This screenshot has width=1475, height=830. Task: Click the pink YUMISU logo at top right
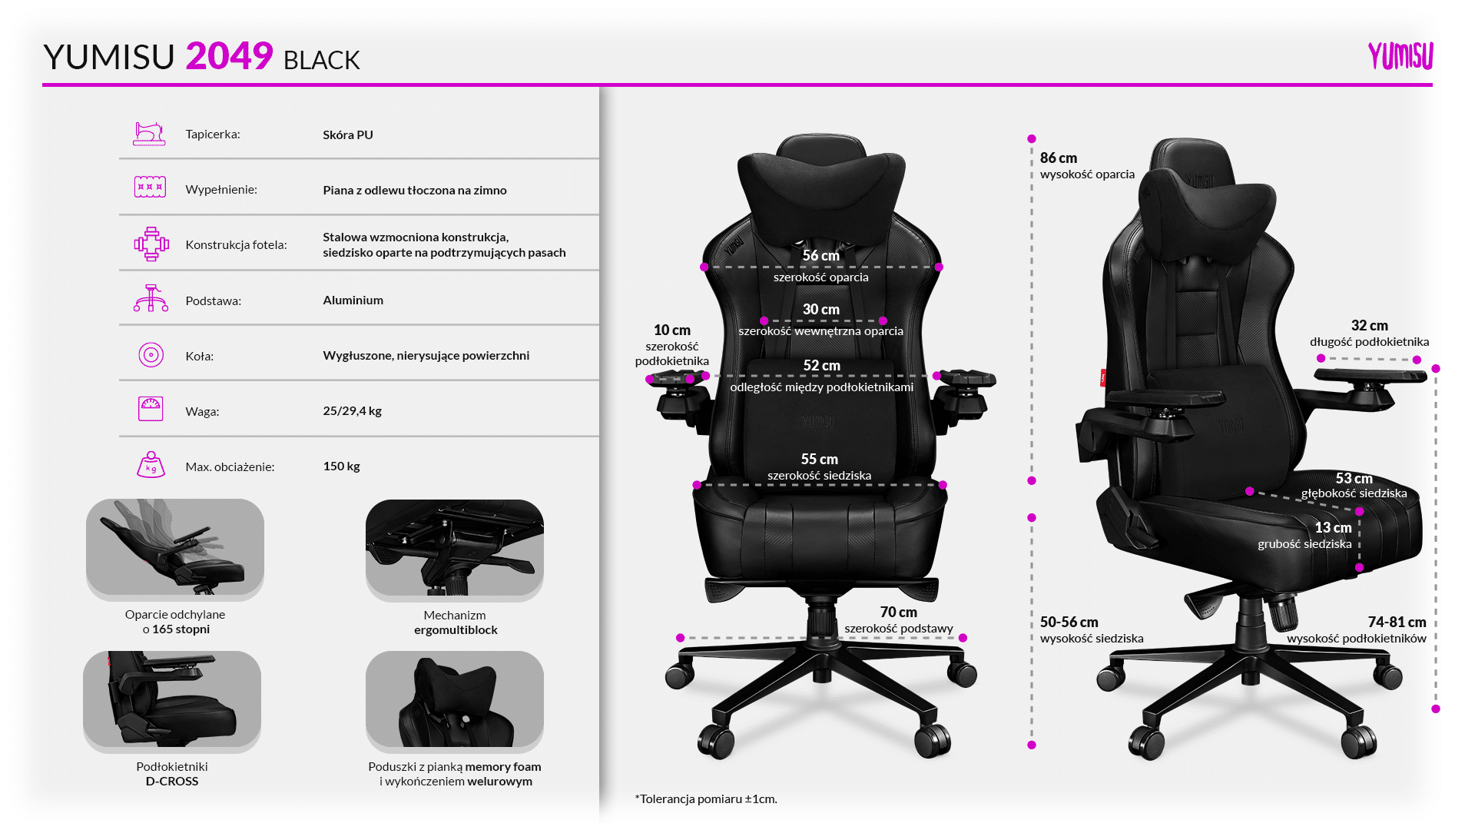[1400, 56]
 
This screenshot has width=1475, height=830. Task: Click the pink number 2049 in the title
[229, 56]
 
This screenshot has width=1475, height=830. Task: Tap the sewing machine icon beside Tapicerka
[150, 134]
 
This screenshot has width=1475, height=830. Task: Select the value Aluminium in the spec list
[353, 300]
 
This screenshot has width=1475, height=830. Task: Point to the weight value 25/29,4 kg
[352, 411]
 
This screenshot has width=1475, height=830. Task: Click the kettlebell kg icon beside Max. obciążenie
[151, 465]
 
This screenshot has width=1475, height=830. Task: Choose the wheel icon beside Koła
[151, 355]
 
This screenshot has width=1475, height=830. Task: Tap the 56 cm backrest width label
[820, 255]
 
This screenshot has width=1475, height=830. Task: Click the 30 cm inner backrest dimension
[820, 310]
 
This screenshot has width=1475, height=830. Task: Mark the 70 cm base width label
[898, 613]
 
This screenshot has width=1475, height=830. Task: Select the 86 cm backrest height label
[1058, 158]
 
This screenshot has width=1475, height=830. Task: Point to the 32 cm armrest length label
[1369, 326]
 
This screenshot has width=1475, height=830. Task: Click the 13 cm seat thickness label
[1333, 528]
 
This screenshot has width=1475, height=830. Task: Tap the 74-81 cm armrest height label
[1397, 622]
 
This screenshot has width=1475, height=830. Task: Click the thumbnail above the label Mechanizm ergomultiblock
[455, 549]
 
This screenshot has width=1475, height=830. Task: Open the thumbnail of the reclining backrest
[175, 549]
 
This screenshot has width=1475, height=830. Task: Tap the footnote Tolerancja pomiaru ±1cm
[706, 799]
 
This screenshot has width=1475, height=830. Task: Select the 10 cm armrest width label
[672, 330]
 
